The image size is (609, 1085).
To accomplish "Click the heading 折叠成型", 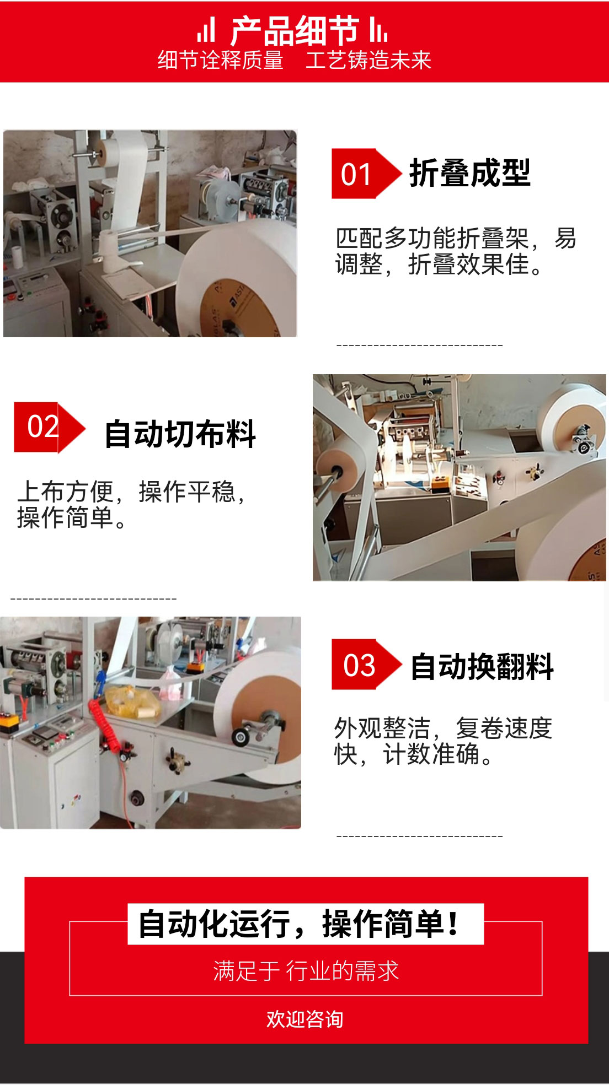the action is [x=469, y=173].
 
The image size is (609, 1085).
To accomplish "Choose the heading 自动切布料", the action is [x=180, y=434].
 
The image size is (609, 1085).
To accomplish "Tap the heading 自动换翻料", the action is [x=482, y=666].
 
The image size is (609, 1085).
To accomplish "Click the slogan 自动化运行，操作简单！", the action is [x=298, y=924].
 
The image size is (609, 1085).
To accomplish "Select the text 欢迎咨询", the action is [x=305, y=1019].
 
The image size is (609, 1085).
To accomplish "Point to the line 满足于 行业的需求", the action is [x=306, y=971].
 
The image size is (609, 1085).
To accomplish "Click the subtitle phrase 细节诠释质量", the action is [x=221, y=60].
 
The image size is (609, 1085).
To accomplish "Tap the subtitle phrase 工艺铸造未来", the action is [x=368, y=60].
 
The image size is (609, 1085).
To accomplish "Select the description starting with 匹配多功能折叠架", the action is [x=456, y=251].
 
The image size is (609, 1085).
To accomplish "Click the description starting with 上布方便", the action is [x=131, y=504].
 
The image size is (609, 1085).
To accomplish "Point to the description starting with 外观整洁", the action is [x=443, y=741].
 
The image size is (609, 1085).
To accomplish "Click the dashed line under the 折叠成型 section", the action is [x=419, y=346].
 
